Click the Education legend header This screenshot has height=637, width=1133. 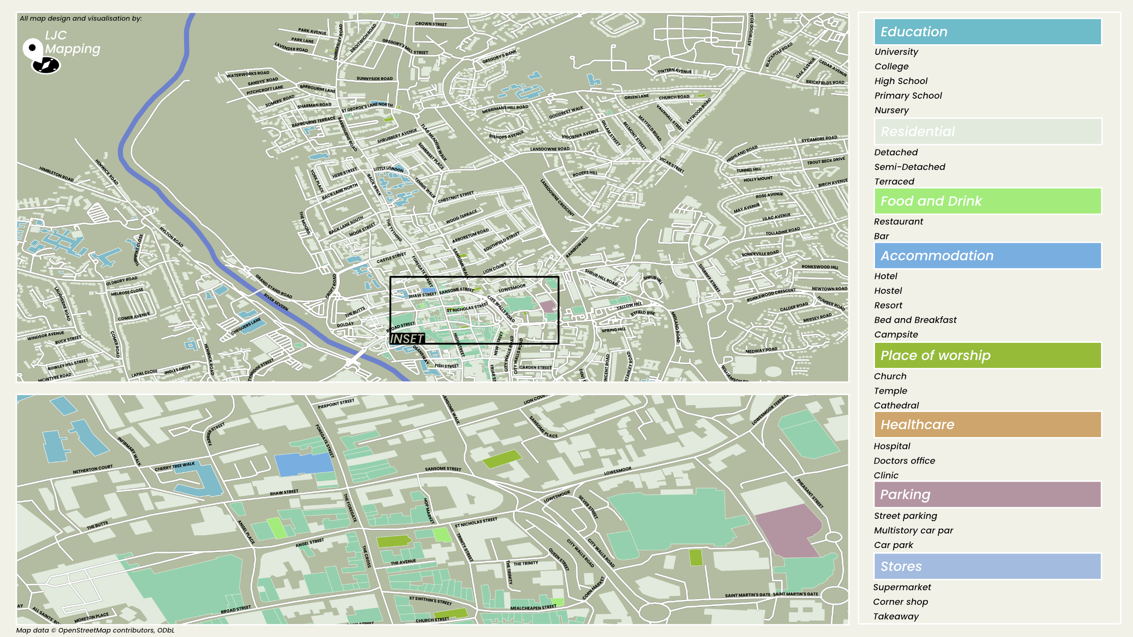coord(987,32)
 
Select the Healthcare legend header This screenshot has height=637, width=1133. coord(987,425)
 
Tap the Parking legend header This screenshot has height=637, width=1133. coord(987,495)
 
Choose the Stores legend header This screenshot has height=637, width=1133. coord(987,567)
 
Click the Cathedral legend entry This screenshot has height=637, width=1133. coord(896,405)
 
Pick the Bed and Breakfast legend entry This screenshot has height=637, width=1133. coord(915,320)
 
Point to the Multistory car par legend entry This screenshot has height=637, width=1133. coord(913,530)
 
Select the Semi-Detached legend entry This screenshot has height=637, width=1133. coord(909,167)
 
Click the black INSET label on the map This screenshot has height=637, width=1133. coord(407,339)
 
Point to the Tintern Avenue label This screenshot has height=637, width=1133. coord(674,71)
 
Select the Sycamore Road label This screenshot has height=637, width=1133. coord(819,139)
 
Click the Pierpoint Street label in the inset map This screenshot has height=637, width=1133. coord(336,403)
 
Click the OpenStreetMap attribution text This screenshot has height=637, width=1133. coord(95,630)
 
